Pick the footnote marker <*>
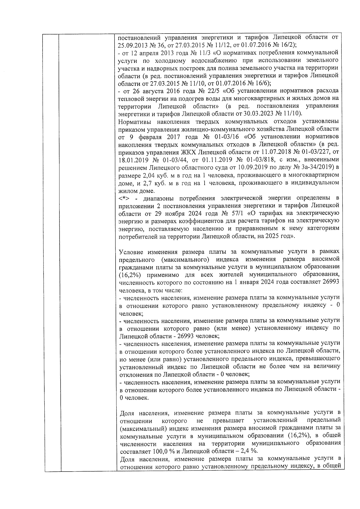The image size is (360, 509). tap(124, 198)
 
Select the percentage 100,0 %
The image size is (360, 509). tap(161, 451)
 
